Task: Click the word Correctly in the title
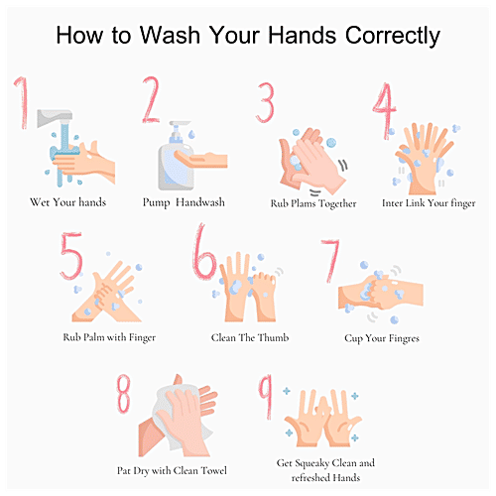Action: pyautogui.click(x=393, y=36)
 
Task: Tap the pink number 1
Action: pyautogui.click(x=22, y=102)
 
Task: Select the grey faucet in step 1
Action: pyautogui.click(x=55, y=118)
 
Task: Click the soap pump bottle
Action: pyautogui.click(x=176, y=156)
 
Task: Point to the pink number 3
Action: pyautogui.click(x=266, y=102)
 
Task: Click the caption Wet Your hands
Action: pyautogui.click(x=68, y=202)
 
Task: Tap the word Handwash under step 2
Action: pyautogui.click(x=200, y=202)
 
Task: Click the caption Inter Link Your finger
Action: pyautogui.click(x=429, y=203)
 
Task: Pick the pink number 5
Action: pyautogui.click(x=71, y=256)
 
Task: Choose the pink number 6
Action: pyautogui.click(x=203, y=252)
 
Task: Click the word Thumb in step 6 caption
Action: pyautogui.click(x=273, y=337)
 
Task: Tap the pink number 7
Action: pyautogui.click(x=331, y=261)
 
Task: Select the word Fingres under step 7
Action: pyautogui.click(x=404, y=338)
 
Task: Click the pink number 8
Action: pyautogui.click(x=123, y=394)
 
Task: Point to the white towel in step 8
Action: pyautogui.click(x=182, y=418)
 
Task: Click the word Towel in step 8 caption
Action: pyautogui.click(x=214, y=470)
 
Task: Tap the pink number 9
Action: pyautogui.click(x=266, y=396)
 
